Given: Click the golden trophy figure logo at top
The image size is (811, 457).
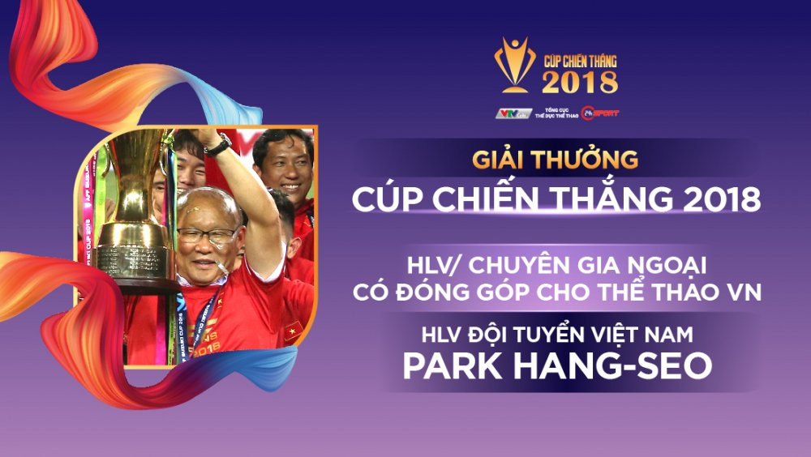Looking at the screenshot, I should click(x=515, y=62).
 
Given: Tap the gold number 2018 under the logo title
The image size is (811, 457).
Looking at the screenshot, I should click(x=580, y=82).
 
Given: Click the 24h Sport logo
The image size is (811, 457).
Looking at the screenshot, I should click(x=603, y=113).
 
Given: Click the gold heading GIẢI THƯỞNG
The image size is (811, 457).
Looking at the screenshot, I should click(x=556, y=159).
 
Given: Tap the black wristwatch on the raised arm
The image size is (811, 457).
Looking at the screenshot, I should click(x=218, y=145).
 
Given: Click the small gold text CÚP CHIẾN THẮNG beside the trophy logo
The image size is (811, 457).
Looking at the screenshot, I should click(x=580, y=59).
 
